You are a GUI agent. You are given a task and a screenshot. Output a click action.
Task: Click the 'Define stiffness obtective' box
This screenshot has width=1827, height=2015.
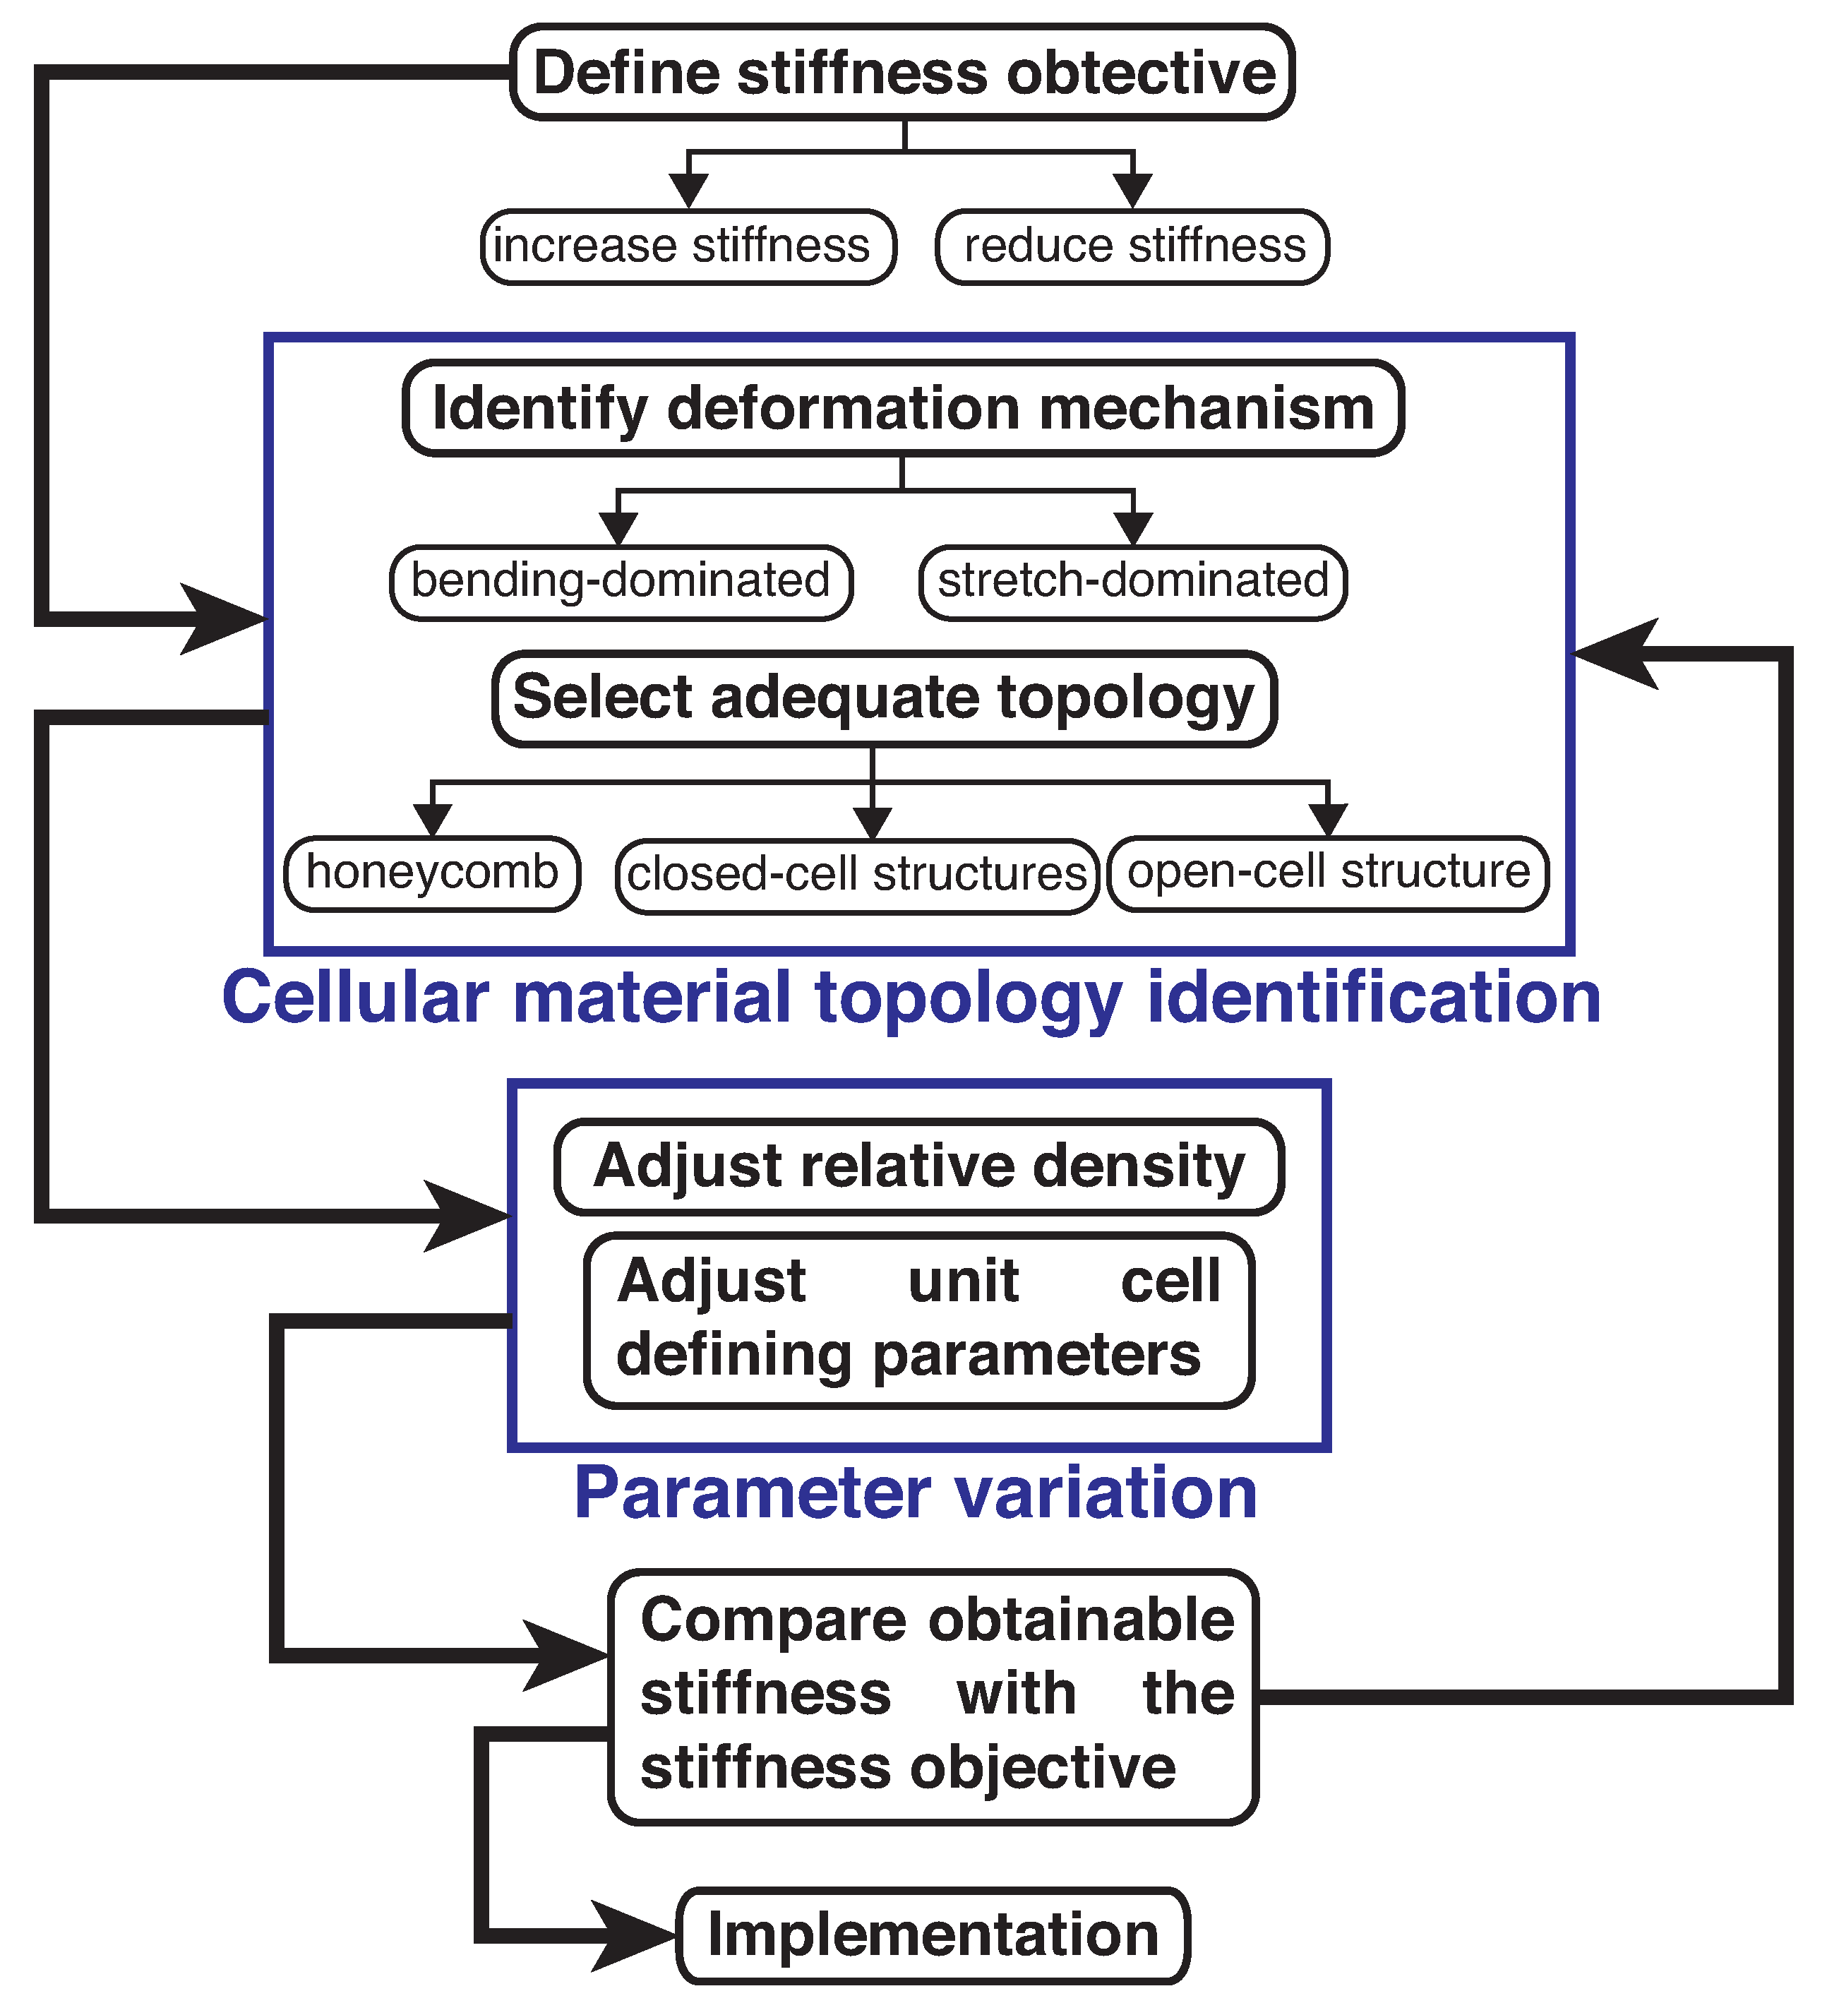[x=901, y=73]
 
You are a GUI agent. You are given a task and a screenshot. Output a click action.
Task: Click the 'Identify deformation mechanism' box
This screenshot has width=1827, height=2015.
[x=902, y=409]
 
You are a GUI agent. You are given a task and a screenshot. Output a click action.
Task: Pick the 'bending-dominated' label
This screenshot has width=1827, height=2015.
[x=621, y=582]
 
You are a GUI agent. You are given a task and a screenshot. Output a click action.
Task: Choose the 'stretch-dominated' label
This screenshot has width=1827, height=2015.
[x=1132, y=582]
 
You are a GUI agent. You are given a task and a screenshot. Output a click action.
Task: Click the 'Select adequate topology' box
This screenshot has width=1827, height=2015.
[x=884, y=698]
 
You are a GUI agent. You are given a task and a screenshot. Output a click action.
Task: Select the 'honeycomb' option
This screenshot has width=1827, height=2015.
[x=432, y=873]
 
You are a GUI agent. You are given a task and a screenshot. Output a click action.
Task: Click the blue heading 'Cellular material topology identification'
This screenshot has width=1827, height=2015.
[x=911, y=998]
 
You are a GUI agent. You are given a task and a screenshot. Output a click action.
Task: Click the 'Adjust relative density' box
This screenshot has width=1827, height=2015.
[x=918, y=1166]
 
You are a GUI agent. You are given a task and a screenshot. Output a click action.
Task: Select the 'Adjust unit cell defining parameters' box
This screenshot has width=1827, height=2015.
[x=918, y=1320]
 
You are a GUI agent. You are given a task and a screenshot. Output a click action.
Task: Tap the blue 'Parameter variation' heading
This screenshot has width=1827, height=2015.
[x=916, y=1493]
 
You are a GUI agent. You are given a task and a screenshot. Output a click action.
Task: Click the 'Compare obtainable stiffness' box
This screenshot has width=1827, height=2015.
[x=933, y=1696]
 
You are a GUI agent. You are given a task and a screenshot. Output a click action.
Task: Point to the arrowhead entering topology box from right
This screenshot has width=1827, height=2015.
[x=1614, y=654]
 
